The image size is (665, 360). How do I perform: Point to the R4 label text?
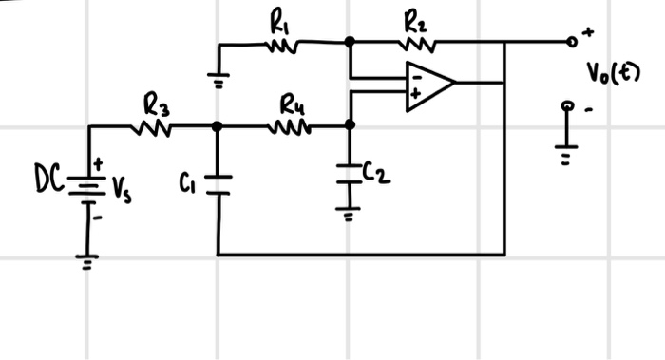coord(292,104)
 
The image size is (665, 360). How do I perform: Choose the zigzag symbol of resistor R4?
coord(291,125)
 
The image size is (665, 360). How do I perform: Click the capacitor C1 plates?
coord(218,183)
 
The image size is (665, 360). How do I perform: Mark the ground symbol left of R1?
coord(218,83)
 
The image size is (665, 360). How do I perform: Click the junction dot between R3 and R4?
coord(218,125)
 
